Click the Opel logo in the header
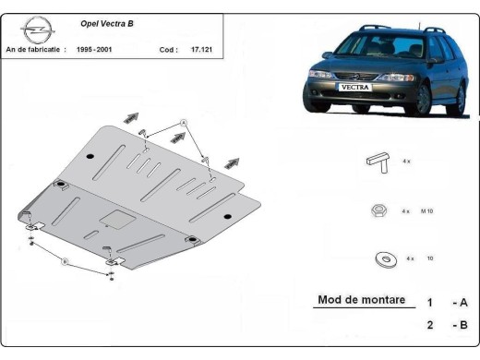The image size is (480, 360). tap(34, 30)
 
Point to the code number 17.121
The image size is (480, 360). tap(203, 49)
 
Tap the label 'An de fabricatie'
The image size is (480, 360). tap(35, 49)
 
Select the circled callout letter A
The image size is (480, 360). tap(183, 123)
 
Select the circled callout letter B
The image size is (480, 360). tap(65, 262)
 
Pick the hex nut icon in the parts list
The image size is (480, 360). tap(378, 210)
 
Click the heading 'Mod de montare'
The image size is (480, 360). tap(355, 299)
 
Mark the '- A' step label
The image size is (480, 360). tap(459, 302)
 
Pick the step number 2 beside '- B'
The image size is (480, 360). tap(429, 324)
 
